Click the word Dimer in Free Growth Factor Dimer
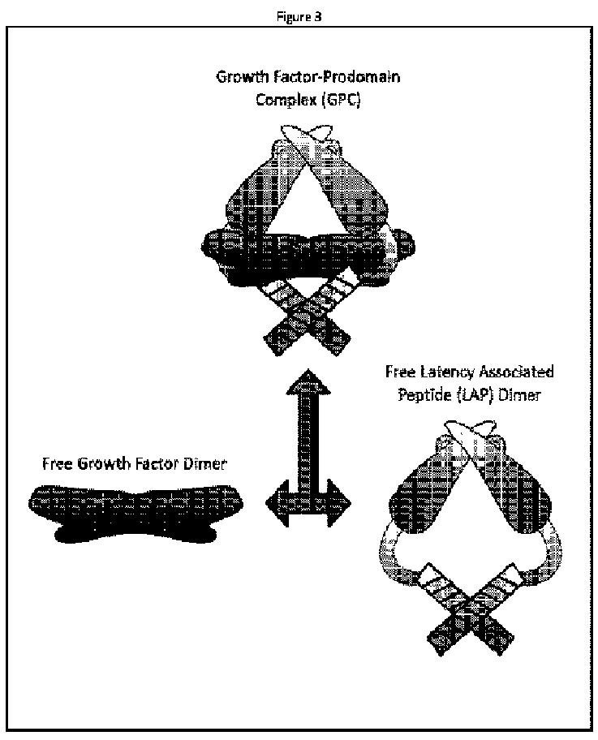pos(205,465)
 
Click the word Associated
pos(517,373)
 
